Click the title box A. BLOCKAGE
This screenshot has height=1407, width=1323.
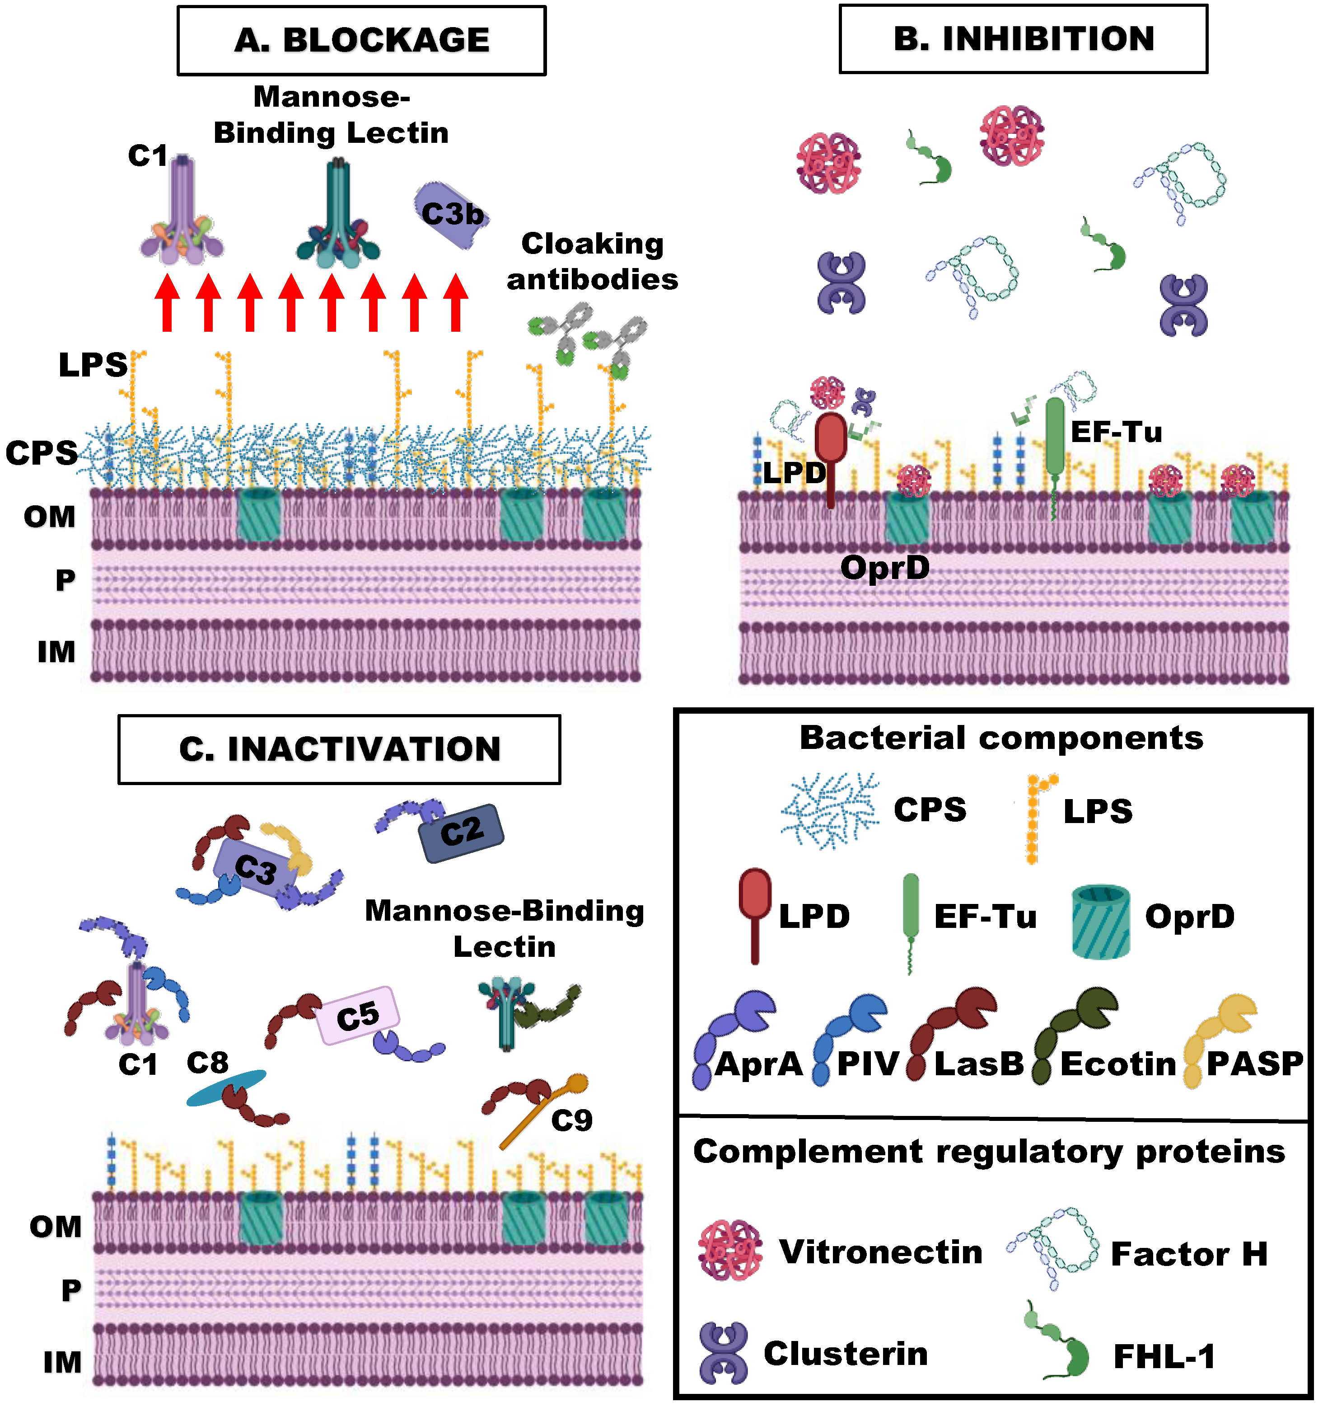pyautogui.click(x=361, y=40)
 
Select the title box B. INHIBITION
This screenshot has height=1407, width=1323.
pyautogui.click(x=1023, y=39)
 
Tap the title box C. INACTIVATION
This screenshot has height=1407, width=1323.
pyautogui.click(x=340, y=749)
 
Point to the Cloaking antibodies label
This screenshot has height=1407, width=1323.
pyautogui.click(x=592, y=261)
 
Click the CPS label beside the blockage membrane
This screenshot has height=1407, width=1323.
pyautogui.click(x=41, y=453)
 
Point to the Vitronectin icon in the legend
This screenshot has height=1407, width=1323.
pyautogui.click(x=730, y=1251)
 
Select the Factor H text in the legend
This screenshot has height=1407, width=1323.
pyautogui.click(x=1188, y=1254)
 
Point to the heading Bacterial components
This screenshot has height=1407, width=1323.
pyautogui.click(x=1001, y=738)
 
